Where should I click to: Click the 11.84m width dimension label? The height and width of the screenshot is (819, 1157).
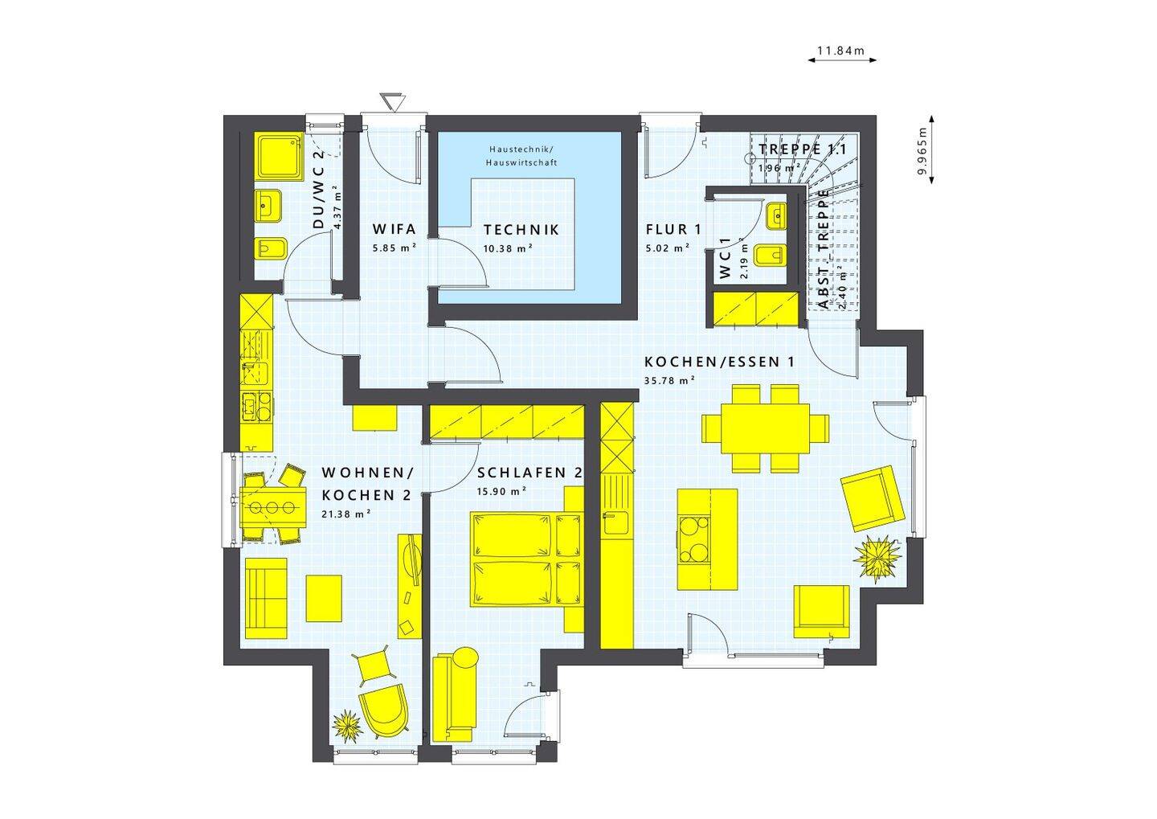click(x=840, y=51)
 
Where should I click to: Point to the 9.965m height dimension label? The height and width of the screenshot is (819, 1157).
click(x=922, y=150)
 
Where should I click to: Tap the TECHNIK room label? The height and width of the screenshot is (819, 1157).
click(x=521, y=230)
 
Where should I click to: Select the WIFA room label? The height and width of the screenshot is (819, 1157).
click(x=394, y=229)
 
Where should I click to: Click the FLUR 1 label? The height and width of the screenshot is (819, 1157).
click(x=673, y=229)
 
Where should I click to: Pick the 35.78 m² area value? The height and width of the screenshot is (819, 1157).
click(x=669, y=381)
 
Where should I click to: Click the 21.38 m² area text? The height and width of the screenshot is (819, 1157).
click(x=346, y=514)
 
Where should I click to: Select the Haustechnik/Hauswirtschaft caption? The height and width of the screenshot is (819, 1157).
click(x=521, y=156)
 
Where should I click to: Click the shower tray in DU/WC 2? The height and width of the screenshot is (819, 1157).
click(x=279, y=157)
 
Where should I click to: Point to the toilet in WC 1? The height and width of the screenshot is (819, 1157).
click(x=770, y=255)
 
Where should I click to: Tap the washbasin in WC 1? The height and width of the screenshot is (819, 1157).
click(x=776, y=216)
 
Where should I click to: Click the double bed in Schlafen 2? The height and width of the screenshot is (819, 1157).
click(x=525, y=559)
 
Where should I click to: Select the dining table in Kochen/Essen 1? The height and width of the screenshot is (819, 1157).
click(x=765, y=428)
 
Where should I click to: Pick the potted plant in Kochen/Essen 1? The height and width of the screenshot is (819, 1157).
click(x=877, y=559)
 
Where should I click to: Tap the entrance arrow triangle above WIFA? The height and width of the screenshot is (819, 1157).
click(x=393, y=102)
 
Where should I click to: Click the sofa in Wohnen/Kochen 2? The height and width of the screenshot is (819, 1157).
click(x=266, y=598)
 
